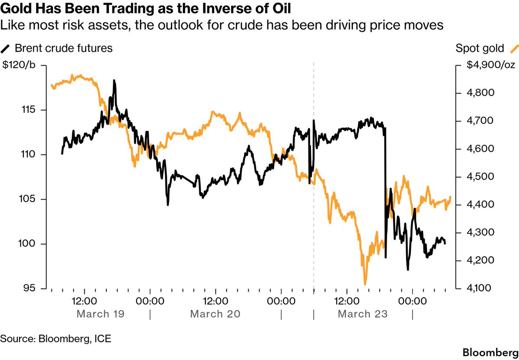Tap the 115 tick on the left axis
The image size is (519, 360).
29,110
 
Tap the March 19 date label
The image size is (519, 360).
100,314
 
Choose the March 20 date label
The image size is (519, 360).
215,314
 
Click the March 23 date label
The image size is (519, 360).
362,314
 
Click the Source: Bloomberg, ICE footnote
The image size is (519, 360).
56,338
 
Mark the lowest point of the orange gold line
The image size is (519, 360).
365,284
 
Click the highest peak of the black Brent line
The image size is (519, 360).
114,80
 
